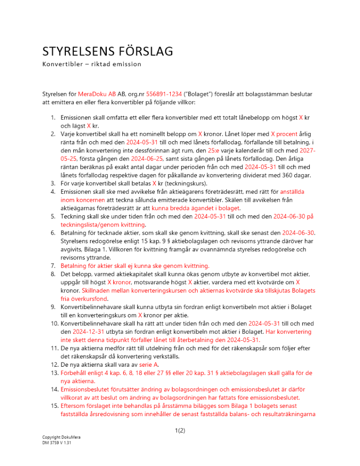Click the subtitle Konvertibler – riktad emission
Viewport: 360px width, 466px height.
point(91,64)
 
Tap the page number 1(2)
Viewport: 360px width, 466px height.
point(180,431)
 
